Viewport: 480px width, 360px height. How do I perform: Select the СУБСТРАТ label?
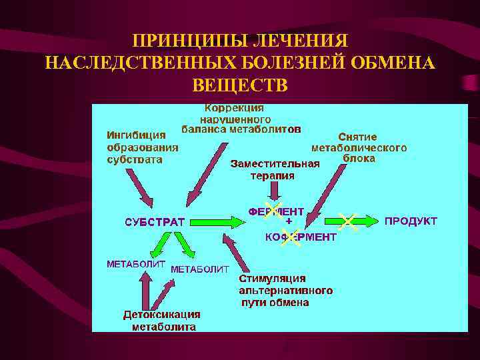[155, 221]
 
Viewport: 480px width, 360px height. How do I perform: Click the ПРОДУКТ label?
[411, 221]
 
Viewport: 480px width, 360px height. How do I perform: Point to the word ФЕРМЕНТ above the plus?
[276, 211]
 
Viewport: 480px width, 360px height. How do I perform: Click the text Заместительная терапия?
[275, 169]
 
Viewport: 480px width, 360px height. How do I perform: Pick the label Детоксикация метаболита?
[162, 320]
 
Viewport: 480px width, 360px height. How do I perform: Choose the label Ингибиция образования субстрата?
[143, 147]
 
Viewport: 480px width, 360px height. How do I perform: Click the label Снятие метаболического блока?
[359, 147]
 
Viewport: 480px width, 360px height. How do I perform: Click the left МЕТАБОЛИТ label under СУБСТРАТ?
[136, 263]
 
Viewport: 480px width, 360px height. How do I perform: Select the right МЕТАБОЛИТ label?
[200, 269]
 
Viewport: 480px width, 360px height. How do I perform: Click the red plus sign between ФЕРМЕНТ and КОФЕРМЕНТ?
[289, 220]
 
